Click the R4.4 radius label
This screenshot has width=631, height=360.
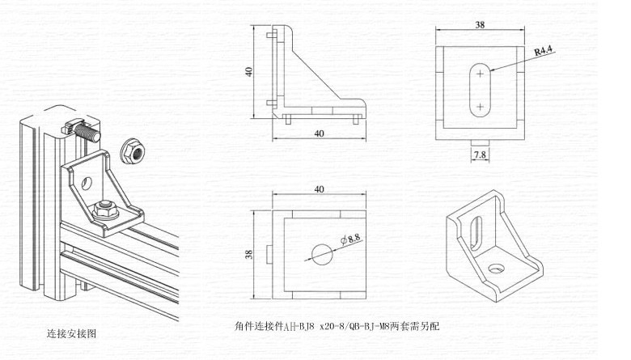coord(543,51)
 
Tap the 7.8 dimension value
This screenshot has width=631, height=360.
coord(479,154)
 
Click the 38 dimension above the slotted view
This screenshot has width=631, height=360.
coord(480,25)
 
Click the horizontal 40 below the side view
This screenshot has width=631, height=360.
coord(319,133)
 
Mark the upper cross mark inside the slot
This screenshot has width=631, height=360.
coord(480,74)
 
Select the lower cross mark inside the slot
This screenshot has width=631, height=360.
coord(480,105)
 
